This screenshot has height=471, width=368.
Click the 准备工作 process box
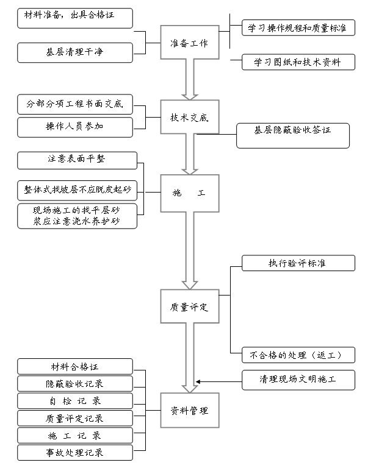(189, 43)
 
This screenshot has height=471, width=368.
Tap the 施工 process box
(189, 193)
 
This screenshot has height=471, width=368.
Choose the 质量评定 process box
(189, 308)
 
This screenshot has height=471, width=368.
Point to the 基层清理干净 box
(74, 52)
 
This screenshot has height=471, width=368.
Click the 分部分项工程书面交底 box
(74, 104)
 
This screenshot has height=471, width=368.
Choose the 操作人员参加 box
(74, 127)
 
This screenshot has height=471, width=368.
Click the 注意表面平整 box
(77, 160)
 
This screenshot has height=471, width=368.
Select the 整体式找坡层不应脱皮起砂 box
(77, 190)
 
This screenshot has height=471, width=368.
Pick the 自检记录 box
(74, 401)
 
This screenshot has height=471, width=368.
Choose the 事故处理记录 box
(74, 453)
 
